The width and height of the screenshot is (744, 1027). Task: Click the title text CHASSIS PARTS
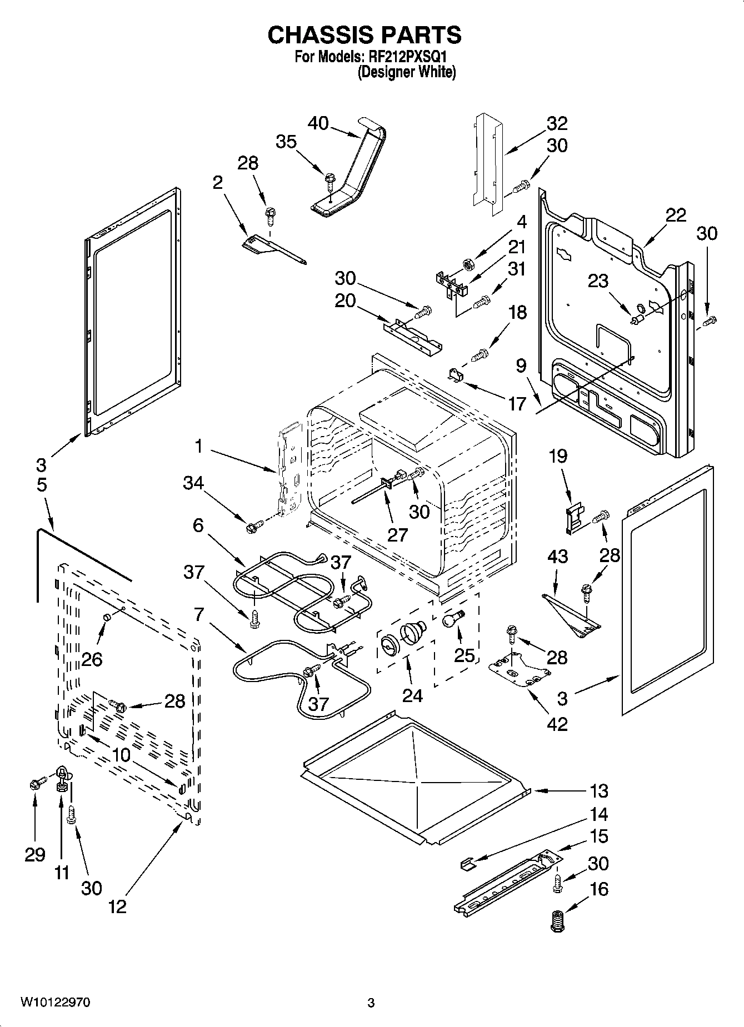point(364,35)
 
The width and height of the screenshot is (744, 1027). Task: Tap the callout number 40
point(318,123)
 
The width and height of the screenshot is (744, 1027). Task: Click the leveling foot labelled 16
point(555,921)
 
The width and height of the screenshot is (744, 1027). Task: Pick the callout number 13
point(598,790)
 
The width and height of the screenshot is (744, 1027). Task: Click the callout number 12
point(117,906)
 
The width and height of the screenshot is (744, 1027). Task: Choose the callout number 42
point(557,724)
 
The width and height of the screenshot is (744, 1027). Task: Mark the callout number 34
point(193,483)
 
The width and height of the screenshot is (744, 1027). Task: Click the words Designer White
point(407,72)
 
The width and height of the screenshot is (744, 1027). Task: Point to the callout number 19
point(558,456)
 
